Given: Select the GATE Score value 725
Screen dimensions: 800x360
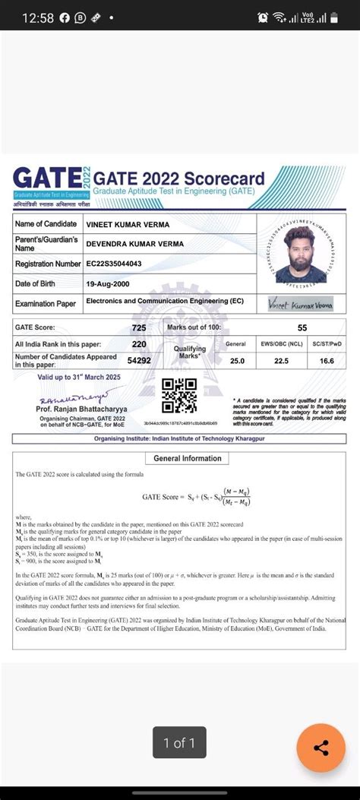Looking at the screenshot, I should (139, 327).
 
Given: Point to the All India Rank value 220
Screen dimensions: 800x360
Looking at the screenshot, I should (139, 344).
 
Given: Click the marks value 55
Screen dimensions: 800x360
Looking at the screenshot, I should (302, 327).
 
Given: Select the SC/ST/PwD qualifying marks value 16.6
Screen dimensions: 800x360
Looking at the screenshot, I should (327, 361).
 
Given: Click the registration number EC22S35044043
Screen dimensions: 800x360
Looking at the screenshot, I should (124, 264).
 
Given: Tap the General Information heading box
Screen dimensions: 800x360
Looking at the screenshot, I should (188, 458).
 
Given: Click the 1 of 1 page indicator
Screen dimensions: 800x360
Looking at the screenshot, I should (179, 742).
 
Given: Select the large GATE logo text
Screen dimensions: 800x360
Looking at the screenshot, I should (47, 179).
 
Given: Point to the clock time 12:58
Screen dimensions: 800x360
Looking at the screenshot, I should (37, 17).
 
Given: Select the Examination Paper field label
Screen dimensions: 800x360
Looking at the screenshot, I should (46, 303).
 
